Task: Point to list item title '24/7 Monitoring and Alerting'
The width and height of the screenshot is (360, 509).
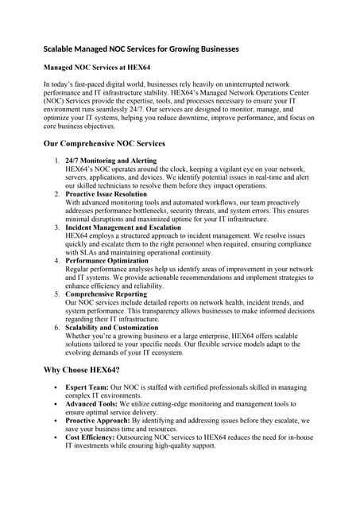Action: (x=110, y=161)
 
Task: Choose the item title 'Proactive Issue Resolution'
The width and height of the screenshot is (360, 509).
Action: (x=106, y=194)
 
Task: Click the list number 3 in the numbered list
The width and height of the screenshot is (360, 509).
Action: (x=57, y=227)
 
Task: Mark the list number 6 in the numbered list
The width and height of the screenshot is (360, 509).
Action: (x=57, y=328)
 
